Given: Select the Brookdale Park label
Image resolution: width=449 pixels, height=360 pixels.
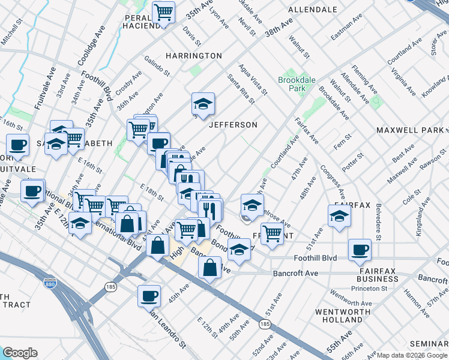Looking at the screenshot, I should pyautogui.click(x=292, y=83).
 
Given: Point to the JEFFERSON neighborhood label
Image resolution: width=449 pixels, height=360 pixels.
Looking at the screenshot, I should pyautogui.click(x=233, y=125).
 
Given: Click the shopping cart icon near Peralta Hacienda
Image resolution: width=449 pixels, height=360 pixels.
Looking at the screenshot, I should pyautogui.click(x=163, y=12).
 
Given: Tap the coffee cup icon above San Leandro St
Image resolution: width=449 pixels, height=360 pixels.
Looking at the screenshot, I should pyautogui.click(x=149, y=295).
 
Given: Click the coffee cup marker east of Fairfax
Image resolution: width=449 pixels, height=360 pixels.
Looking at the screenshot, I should pyautogui.click(x=360, y=249).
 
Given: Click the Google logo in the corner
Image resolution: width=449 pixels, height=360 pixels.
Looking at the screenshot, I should pyautogui.click(x=20, y=353).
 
